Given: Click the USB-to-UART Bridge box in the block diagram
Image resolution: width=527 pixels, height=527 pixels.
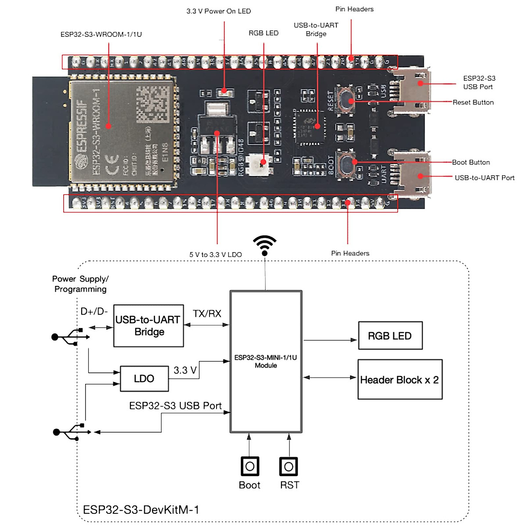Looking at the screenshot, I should pos(148,326).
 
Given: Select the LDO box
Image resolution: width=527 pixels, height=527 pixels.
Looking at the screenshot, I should pos(144,379).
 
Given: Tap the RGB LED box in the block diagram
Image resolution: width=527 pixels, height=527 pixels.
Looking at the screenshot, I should pos(390,336).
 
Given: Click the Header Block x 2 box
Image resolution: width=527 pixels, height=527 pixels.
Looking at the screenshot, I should pos(400,380).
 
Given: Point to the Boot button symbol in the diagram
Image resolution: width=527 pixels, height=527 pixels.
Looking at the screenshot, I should pos(249,466).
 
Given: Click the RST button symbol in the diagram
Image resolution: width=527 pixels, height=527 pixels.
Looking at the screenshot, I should pos(289,466).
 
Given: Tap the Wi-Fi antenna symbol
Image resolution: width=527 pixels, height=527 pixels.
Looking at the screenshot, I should pos(265,245).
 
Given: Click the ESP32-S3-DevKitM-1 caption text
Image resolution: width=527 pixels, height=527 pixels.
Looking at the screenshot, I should pos(141,510).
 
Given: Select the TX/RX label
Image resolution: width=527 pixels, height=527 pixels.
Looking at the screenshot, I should pos(207,314).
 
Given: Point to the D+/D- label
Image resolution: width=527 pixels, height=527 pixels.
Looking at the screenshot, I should pos(94,311).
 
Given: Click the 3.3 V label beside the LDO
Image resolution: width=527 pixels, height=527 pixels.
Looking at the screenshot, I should pos(185,370).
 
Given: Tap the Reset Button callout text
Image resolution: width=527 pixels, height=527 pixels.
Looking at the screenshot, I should pos(473,102).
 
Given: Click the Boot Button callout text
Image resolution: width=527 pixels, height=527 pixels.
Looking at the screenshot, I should pos(471,162).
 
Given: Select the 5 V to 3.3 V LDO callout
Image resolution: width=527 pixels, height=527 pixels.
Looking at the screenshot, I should pos(215,255).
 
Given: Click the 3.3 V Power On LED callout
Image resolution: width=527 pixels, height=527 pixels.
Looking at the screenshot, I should pos(218,11).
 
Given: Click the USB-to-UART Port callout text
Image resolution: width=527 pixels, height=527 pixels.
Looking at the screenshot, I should pos(484,178).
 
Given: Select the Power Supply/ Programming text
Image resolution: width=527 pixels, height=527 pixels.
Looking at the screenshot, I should pos(80,284).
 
